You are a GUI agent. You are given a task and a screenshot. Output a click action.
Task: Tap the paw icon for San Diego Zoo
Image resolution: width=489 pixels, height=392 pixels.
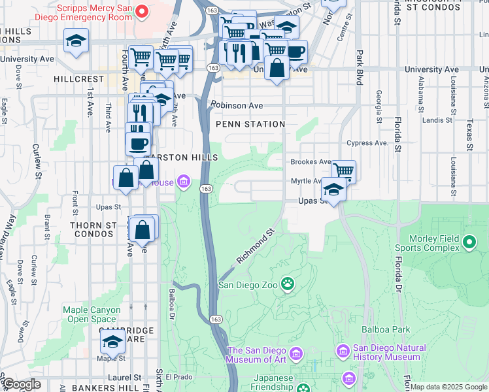(288, 284)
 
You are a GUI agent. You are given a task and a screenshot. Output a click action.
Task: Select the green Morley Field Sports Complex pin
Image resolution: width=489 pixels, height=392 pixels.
(469, 243)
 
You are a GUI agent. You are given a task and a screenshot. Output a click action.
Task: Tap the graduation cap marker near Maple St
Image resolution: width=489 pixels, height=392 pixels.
(112, 341)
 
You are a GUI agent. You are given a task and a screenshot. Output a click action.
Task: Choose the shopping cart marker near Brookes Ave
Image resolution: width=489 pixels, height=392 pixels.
(343, 172)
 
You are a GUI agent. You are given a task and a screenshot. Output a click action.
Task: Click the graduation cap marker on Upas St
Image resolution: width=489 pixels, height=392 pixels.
(333, 190)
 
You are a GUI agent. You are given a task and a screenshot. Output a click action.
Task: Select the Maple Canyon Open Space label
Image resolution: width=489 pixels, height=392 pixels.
(92, 314)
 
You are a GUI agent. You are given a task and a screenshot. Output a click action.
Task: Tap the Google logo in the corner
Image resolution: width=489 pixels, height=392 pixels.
(22, 385)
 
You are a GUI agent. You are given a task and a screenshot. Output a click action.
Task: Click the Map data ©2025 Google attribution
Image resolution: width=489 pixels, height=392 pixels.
(448, 387)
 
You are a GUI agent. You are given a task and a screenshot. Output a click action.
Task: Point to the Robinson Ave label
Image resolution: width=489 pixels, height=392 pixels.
(237, 105)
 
